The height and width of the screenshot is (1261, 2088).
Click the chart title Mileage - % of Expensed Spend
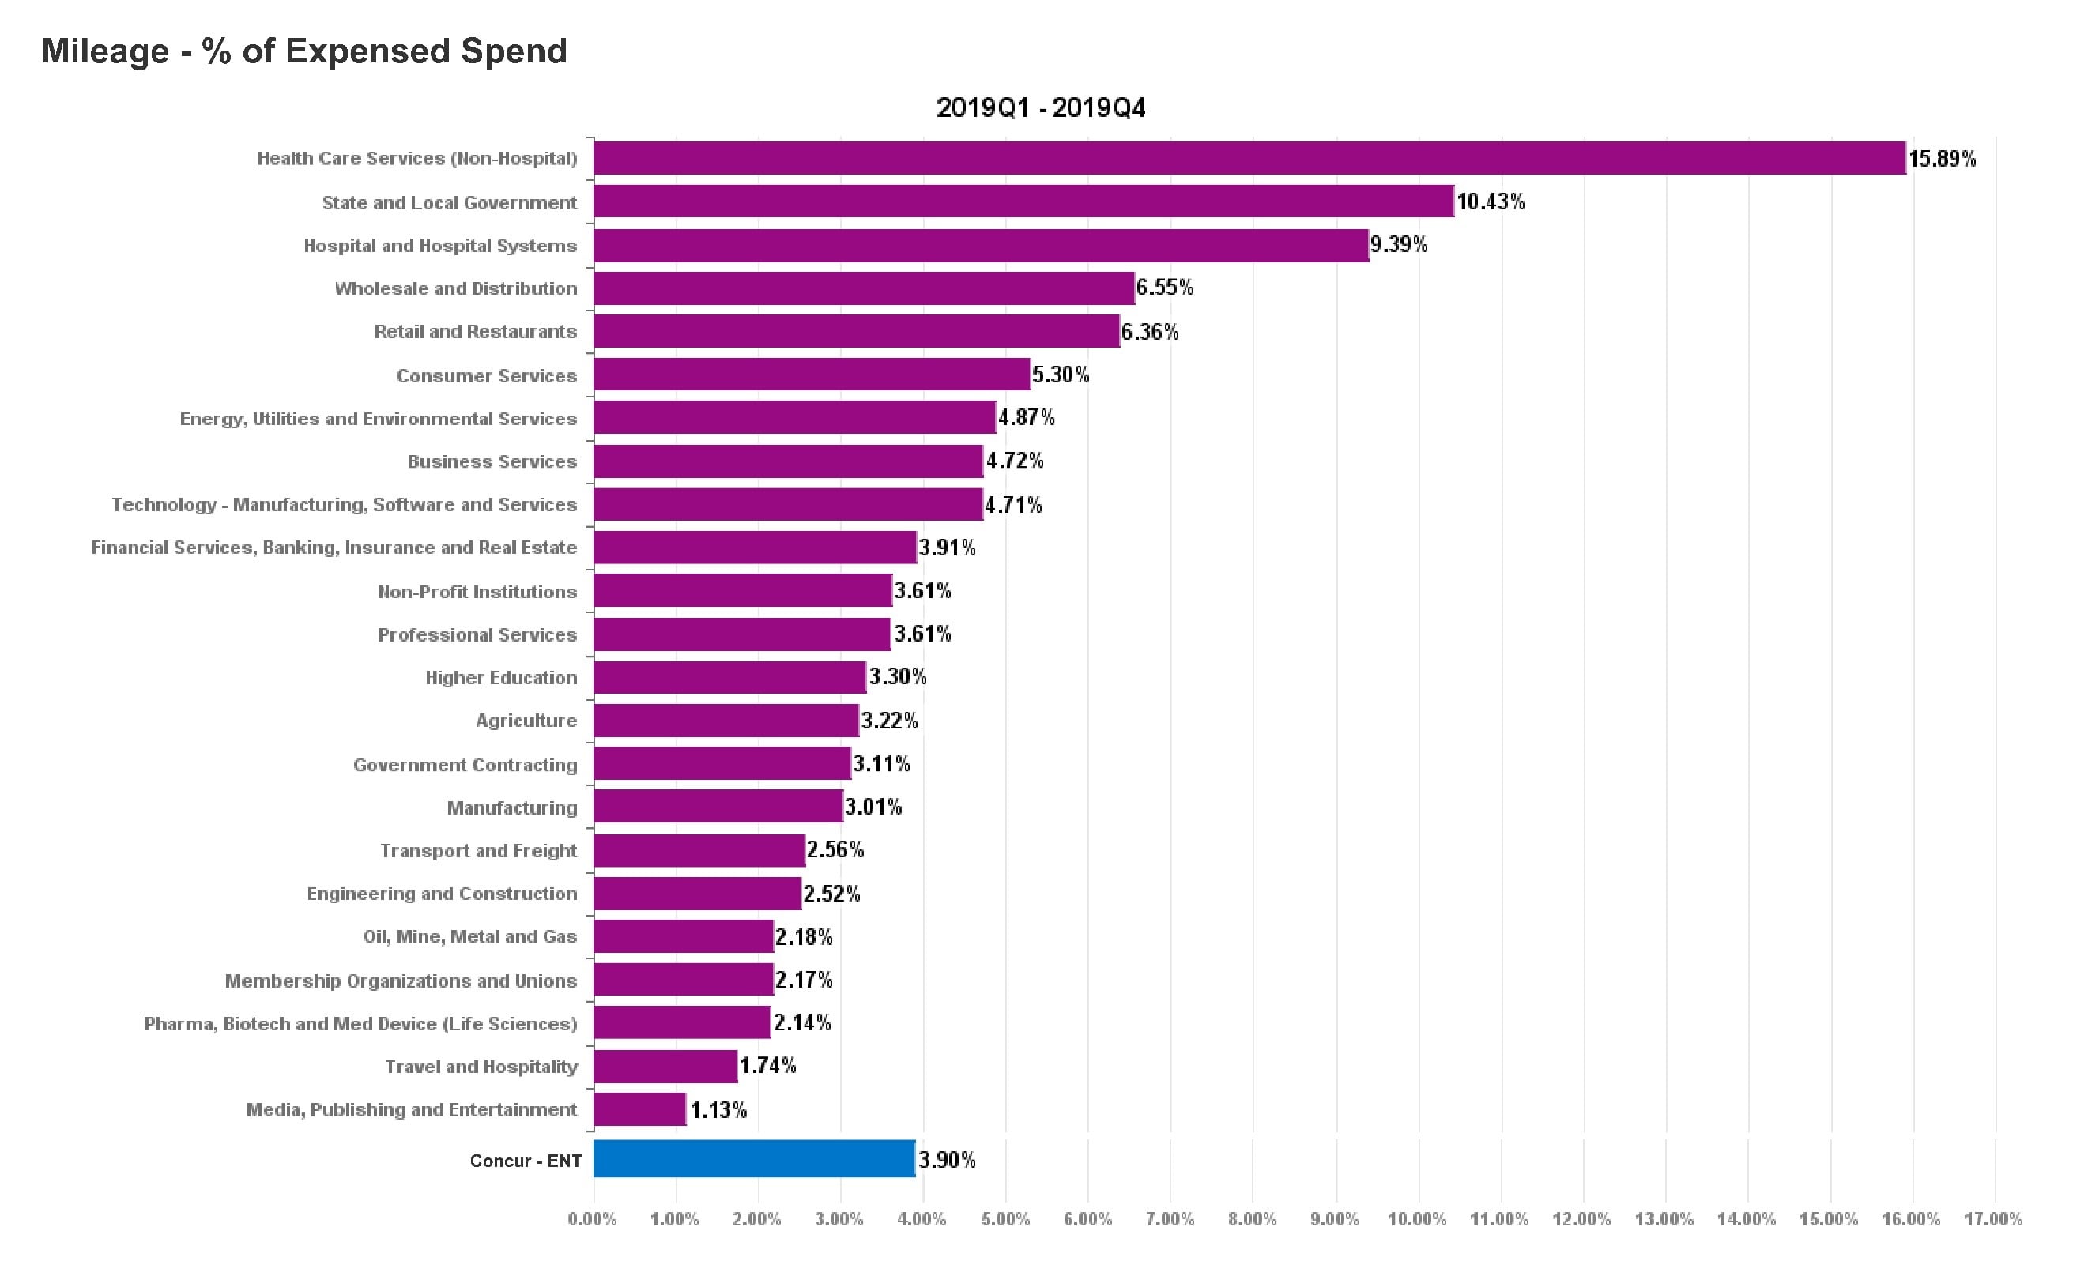click(x=304, y=51)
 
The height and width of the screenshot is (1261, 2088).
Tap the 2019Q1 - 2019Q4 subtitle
click(x=1040, y=107)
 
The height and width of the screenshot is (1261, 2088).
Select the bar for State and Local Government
click(x=1023, y=201)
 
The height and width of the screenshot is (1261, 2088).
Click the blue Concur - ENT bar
click(x=753, y=1158)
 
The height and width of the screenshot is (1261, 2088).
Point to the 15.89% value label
click(x=1942, y=160)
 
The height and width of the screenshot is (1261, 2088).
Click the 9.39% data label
click(x=1398, y=245)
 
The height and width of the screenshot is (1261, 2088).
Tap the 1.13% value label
click(x=718, y=1110)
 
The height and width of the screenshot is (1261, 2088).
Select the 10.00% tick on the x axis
click(x=1417, y=1219)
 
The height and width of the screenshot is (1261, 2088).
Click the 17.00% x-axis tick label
click(x=1993, y=1219)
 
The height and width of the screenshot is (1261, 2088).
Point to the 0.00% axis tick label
click(x=592, y=1219)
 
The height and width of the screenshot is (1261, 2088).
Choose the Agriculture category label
click(x=526, y=721)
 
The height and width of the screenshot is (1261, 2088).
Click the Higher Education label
click(x=501, y=678)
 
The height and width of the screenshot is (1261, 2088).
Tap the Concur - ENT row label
click(x=526, y=1161)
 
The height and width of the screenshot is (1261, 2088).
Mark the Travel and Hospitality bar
click(x=665, y=1066)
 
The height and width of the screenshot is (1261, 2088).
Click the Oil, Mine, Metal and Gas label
click(x=469, y=936)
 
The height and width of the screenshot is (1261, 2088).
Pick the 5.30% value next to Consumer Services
click(x=1060, y=375)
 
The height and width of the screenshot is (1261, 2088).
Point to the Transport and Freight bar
click(x=699, y=850)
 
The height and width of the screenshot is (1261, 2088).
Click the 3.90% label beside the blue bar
click(x=947, y=1160)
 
